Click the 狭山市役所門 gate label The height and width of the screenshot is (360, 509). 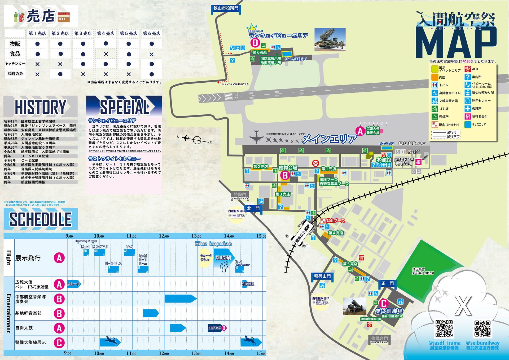[226, 8]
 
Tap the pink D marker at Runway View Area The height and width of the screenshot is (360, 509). [255, 43]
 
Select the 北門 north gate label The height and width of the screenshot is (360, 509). [253, 208]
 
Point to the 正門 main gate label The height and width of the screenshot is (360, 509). [387, 283]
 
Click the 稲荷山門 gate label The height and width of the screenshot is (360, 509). [322, 276]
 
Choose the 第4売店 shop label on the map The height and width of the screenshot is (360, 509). [336, 233]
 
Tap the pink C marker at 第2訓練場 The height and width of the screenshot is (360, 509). [384, 304]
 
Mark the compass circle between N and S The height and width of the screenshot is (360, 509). [197, 140]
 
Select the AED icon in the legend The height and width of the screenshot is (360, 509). [468, 69]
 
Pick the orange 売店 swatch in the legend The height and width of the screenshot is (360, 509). [435, 77]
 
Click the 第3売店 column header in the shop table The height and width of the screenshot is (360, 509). [83, 33]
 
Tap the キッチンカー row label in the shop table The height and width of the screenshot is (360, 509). [15, 64]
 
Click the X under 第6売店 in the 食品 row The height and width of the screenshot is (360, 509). [151, 54]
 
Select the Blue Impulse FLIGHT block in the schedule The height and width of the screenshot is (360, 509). [223, 258]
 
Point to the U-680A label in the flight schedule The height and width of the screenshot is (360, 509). [113, 263]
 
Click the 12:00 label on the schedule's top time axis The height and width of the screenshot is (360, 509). [164, 236]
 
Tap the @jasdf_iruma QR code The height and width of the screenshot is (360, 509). [444, 328]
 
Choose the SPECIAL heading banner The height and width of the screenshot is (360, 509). [124, 107]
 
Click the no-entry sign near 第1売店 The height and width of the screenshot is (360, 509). [315, 163]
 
